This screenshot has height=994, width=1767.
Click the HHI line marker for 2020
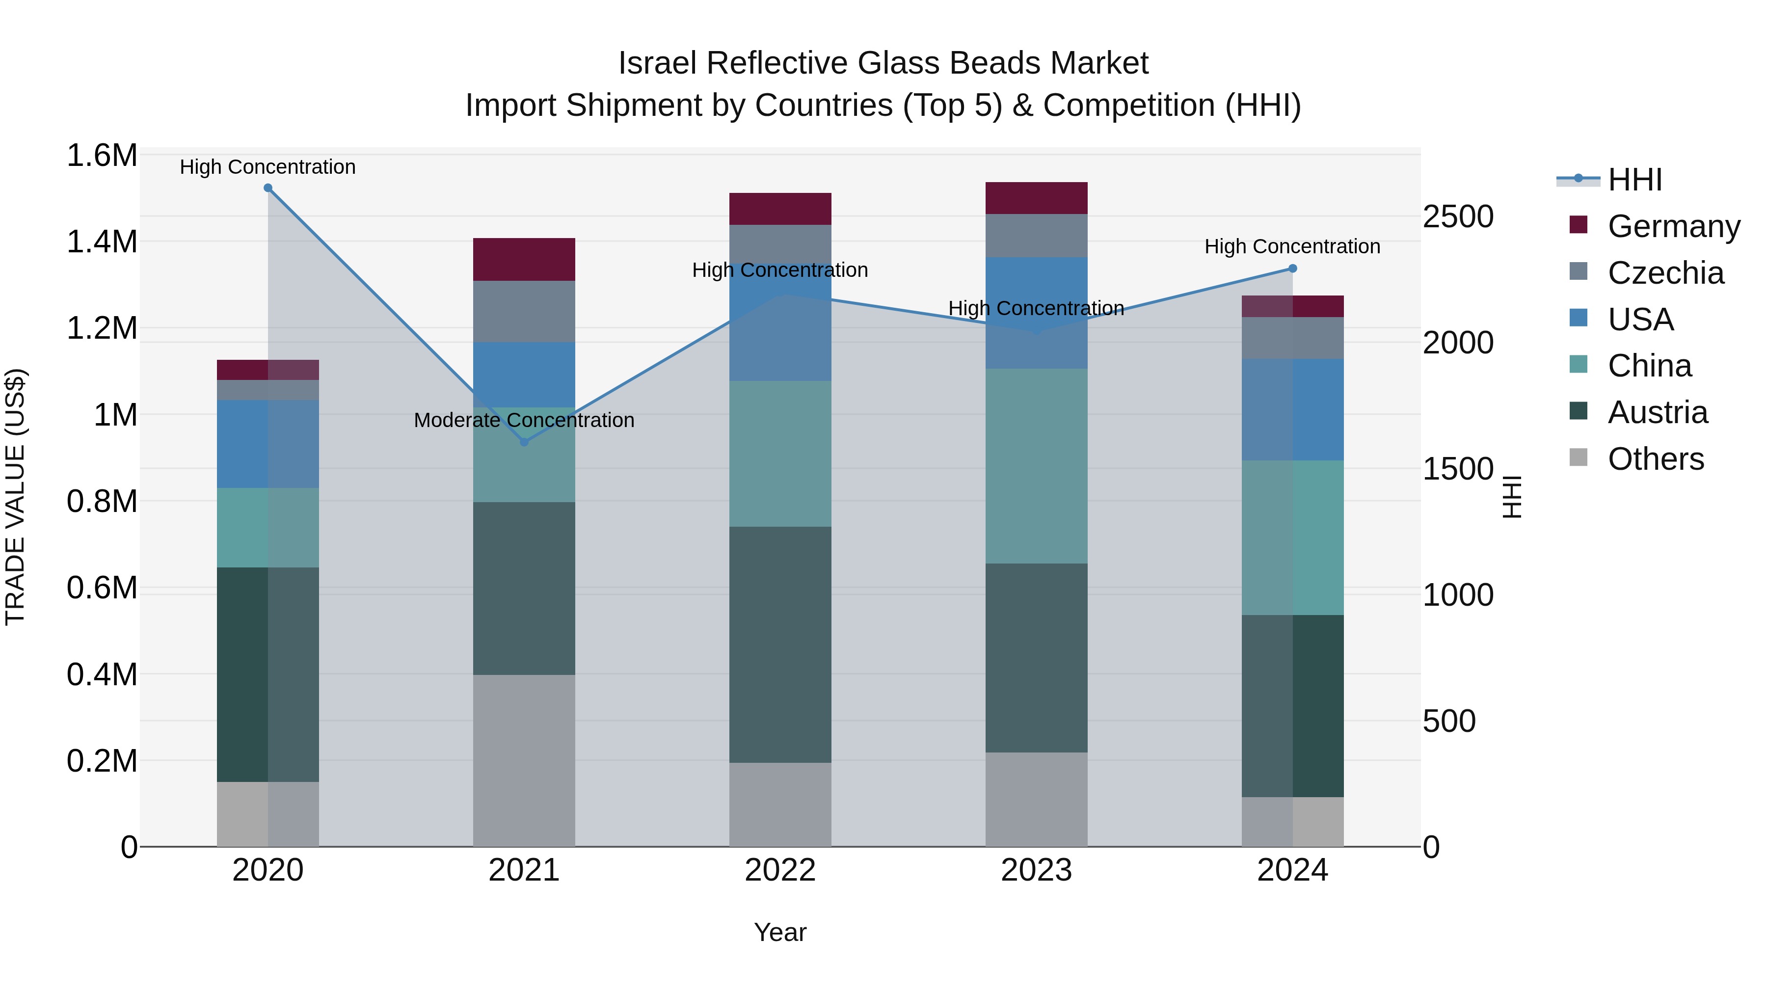(268, 188)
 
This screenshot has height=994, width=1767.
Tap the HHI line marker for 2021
(524, 442)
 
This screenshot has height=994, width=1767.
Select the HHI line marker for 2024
(1292, 269)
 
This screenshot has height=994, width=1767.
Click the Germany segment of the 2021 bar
(524, 259)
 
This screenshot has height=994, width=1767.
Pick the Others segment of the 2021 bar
(524, 760)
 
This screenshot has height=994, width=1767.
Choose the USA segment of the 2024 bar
(1292, 409)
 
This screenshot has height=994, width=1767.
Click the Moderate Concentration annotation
(524, 420)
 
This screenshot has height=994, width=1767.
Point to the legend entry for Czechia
(1665, 273)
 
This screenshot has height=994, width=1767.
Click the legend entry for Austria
(1657, 412)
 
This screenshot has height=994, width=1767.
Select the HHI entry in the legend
(1634, 180)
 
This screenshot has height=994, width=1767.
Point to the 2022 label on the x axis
(780, 870)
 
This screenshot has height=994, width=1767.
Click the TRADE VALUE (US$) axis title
(15, 497)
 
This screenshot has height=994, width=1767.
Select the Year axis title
(780, 932)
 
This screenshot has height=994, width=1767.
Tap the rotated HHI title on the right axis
(1512, 497)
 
